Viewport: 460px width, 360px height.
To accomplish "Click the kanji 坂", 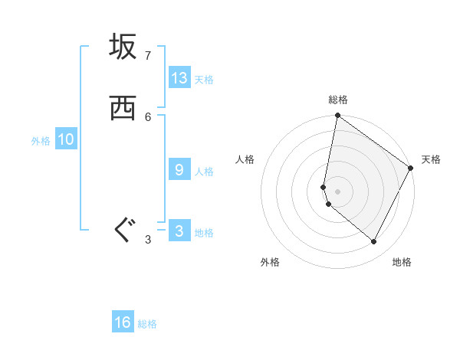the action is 123,48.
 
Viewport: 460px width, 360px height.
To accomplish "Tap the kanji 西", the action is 123,109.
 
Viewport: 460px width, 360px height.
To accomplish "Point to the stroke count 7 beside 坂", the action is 148,56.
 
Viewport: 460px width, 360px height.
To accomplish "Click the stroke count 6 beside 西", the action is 148,116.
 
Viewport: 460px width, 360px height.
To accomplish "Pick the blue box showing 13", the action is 179,78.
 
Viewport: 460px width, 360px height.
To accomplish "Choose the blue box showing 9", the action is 179,170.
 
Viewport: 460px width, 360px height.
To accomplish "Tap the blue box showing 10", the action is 66,139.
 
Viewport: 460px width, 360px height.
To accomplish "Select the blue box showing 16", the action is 123,322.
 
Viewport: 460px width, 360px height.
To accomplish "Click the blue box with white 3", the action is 179,231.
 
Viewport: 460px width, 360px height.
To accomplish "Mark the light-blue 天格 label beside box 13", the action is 204,80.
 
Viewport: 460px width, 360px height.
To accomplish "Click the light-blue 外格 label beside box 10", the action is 41,141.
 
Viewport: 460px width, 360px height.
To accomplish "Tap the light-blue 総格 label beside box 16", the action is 147,324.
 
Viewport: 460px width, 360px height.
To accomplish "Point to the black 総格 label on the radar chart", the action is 338,100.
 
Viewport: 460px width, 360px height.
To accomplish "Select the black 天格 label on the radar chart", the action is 431,159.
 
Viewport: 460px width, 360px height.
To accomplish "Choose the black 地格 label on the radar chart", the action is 402,262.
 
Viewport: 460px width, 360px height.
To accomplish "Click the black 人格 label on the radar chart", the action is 245,159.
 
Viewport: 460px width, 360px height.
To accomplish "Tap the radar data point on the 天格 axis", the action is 411,168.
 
